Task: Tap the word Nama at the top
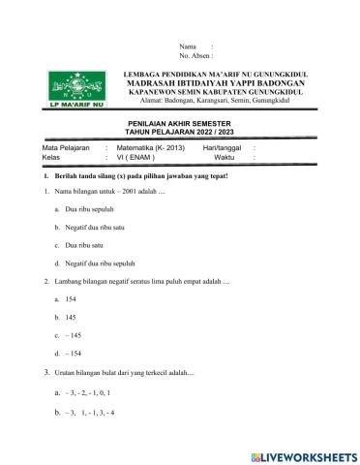(x=188, y=46)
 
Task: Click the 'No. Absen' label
(x=195, y=56)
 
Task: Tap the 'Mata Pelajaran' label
(x=53, y=147)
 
